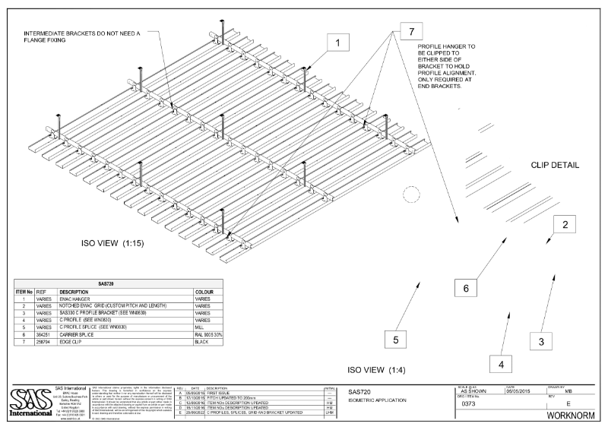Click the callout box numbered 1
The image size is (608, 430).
click(335, 45)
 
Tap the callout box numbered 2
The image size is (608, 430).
click(565, 224)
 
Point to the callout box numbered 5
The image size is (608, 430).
click(396, 340)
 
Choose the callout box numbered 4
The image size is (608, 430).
click(500, 364)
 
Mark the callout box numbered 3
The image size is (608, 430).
click(541, 341)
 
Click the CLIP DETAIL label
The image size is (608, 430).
click(555, 165)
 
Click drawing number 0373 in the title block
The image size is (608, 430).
click(470, 404)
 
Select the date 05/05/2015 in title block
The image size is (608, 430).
click(524, 391)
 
